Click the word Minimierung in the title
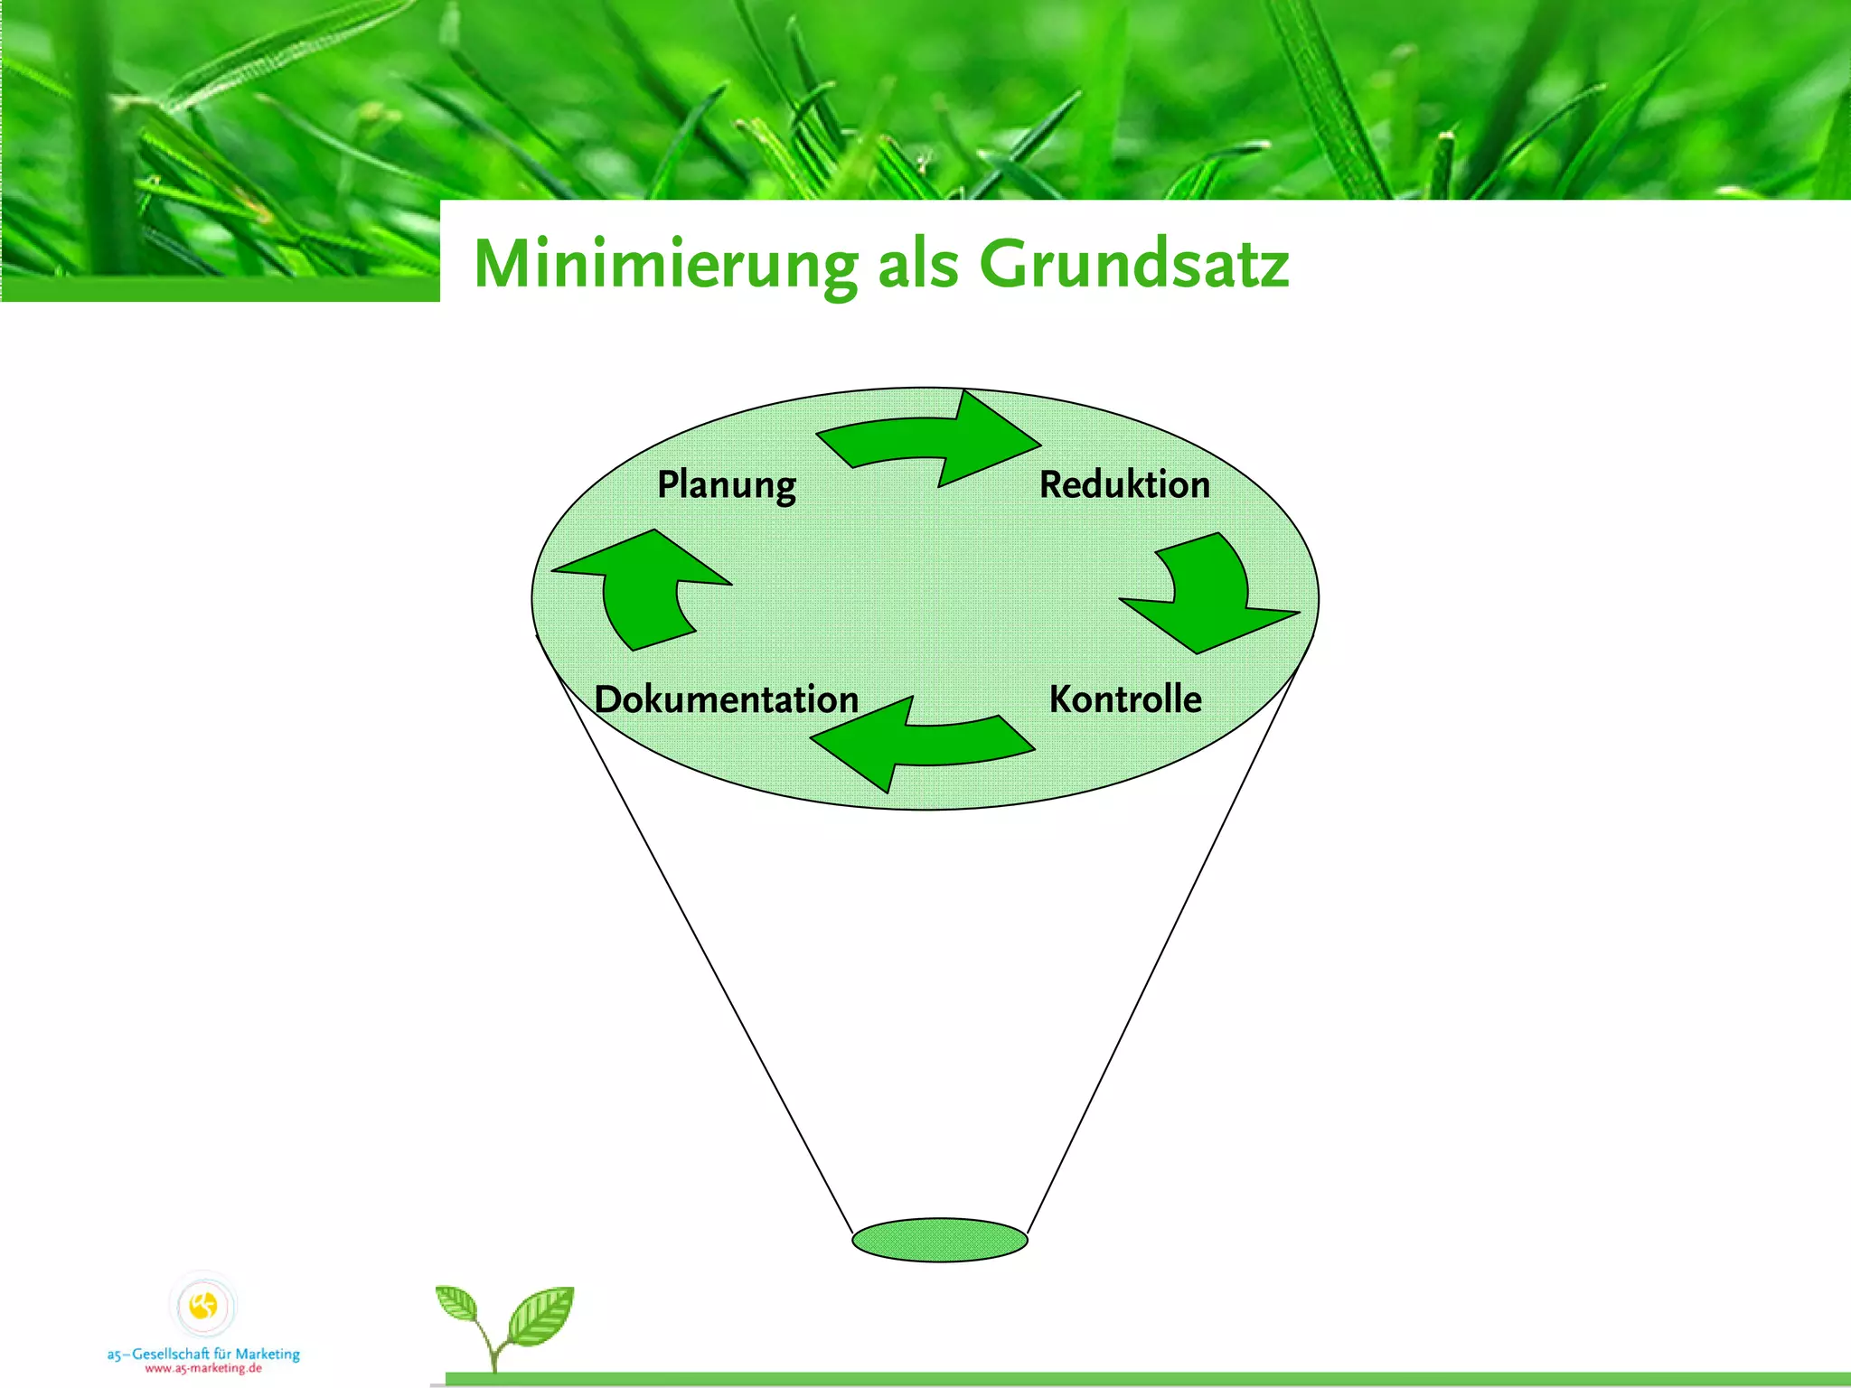665,265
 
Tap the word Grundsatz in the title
1134,265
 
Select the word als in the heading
917,265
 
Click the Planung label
726,485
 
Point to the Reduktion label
1124,485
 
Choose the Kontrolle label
1125,699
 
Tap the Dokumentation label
727,699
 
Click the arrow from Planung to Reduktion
931,440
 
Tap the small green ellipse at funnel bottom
940,1240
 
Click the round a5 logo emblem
203,1305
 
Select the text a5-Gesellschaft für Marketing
203,1354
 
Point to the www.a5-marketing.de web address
203,1368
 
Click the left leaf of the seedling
457,1305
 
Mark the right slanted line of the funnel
1166,949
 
